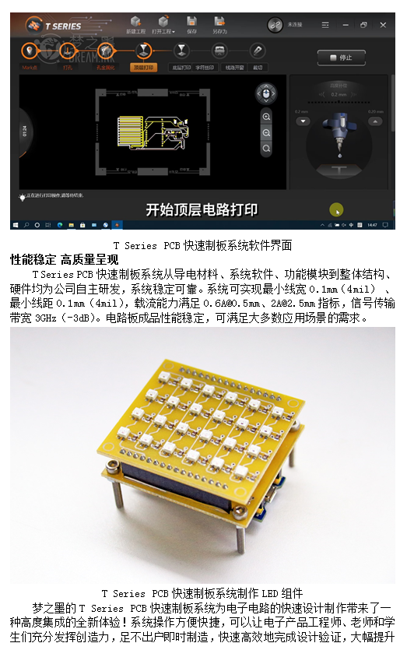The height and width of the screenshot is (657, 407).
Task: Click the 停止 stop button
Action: pyautogui.click(x=341, y=58)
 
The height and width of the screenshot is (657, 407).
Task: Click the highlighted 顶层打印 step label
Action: pyautogui.click(x=143, y=68)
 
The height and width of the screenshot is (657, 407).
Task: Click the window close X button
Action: pyautogui.click(x=382, y=25)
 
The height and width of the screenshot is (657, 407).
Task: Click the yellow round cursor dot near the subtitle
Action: pyautogui.click(x=335, y=209)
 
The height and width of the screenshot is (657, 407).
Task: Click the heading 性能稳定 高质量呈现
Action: pyautogui.click(x=64, y=259)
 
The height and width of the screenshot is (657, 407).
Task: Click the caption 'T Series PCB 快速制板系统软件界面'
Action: pyautogui.click(x=202, y=245)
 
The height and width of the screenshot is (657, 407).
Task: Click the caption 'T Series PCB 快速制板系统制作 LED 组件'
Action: pyautogui.click(x=202, y=594)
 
